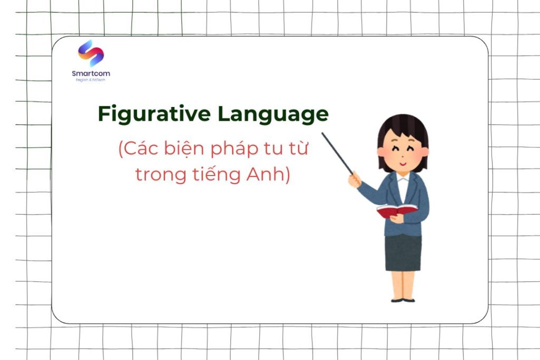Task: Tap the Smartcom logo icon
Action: click(91, 53)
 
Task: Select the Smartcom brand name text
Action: click(91, 73)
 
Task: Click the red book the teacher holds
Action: click(397, 211)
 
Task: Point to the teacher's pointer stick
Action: click(337, 153)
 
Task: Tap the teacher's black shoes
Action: click(403, 300)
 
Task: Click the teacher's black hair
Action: click(403, 127)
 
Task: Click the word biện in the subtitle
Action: click(180, 150)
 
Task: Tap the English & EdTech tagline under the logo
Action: click(91, 80)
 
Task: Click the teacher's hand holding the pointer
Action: click(354, 179)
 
